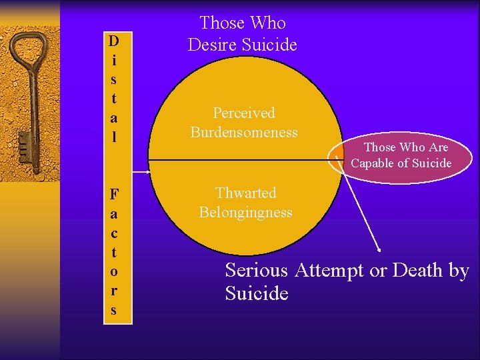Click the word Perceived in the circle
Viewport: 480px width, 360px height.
(243, 113)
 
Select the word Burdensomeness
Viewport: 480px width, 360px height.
(243, 132)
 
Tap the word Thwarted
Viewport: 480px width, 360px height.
(245, 193)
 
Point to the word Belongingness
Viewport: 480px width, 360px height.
(245, 213)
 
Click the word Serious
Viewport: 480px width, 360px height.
(256, 271)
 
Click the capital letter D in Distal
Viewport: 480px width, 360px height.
(114, 41)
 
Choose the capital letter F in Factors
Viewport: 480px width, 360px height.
(114, 195)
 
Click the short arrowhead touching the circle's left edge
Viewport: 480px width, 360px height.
(147, 171)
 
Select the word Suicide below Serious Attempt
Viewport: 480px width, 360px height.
(257, 293)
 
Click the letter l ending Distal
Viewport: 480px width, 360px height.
(114, 137)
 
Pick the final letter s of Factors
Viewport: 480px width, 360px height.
(114, 310)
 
